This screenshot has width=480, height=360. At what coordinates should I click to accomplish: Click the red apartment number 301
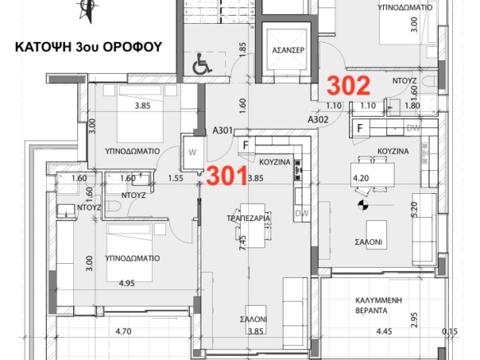227,176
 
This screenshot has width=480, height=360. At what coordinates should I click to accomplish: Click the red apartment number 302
348,85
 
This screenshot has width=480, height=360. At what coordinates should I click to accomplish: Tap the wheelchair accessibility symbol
202,63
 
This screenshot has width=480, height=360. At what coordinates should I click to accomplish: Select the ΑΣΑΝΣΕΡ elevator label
288,50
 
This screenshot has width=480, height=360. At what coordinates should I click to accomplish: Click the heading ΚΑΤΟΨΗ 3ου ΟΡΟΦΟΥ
89,47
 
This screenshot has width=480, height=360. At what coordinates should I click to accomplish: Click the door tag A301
223,131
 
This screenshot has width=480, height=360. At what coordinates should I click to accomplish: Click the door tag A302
318,119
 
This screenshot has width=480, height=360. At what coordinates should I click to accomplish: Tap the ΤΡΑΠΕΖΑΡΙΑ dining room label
248,218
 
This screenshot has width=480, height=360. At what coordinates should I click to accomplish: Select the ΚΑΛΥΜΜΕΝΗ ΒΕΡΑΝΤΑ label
379,305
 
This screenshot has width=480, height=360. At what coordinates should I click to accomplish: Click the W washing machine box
192,152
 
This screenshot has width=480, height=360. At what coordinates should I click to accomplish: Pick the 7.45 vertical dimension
242,243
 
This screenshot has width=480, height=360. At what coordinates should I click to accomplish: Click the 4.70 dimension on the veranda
123,331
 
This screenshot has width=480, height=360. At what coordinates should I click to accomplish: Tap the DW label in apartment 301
302,213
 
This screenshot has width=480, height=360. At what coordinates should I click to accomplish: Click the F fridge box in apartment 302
360,127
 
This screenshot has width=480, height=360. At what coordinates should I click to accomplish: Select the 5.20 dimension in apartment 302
414,210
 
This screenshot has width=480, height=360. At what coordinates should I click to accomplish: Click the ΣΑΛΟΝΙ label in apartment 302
368,242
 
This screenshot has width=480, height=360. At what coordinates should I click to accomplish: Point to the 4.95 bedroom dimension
127,284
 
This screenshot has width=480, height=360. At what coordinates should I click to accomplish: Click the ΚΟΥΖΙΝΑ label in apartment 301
275,162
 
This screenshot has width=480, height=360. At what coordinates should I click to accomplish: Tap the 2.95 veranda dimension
414,320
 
